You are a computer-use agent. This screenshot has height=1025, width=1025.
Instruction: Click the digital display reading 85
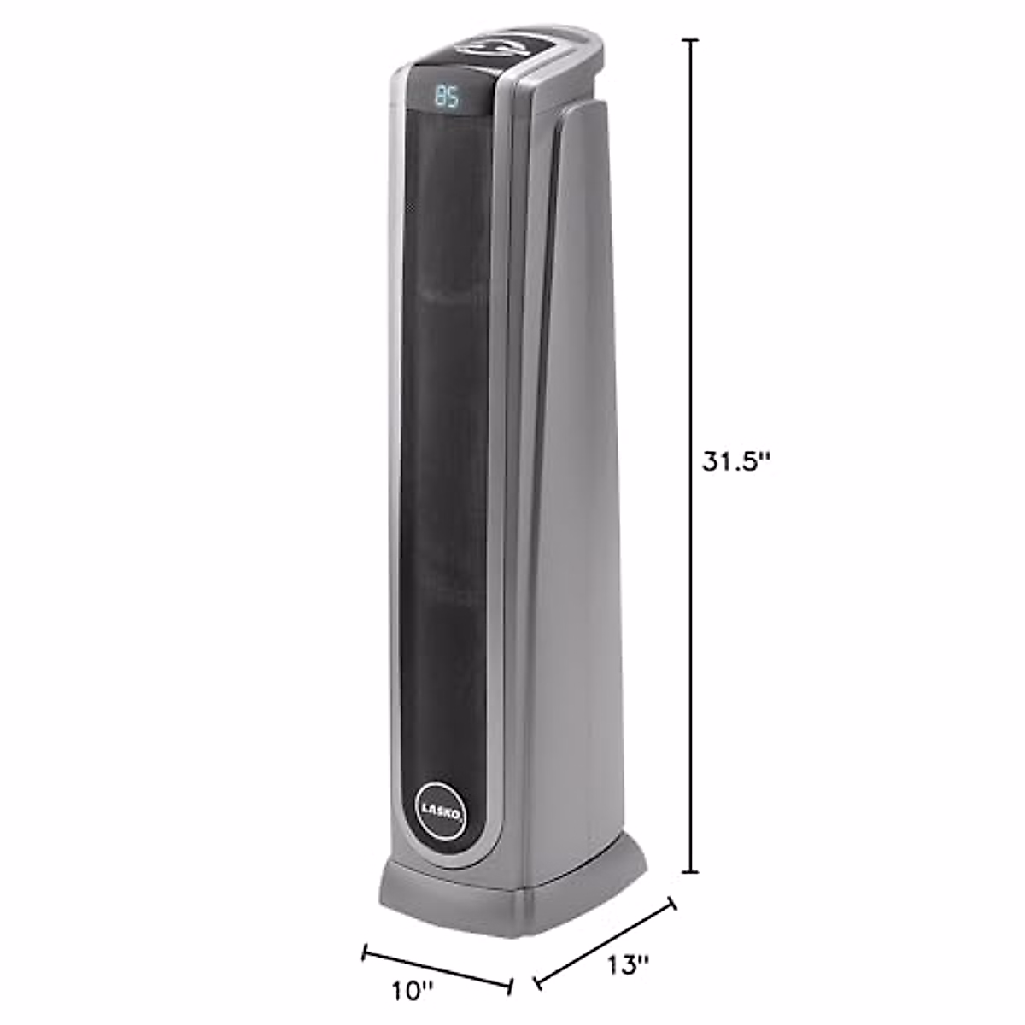[x=447, y=97]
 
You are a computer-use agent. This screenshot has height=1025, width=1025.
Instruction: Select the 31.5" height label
[x=736, y=461]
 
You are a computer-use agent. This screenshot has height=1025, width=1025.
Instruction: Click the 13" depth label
[x=629, y=966]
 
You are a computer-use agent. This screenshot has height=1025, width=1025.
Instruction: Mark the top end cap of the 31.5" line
[x=690, y=39]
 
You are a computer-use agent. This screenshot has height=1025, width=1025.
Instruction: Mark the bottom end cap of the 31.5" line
[x=690, y=872]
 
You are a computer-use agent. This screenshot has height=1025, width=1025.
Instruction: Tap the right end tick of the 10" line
[x=510, y=987]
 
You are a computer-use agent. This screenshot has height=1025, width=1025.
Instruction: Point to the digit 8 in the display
[x=440, y=97]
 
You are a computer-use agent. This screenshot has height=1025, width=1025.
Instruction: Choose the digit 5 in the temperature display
[x=454, y=97]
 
